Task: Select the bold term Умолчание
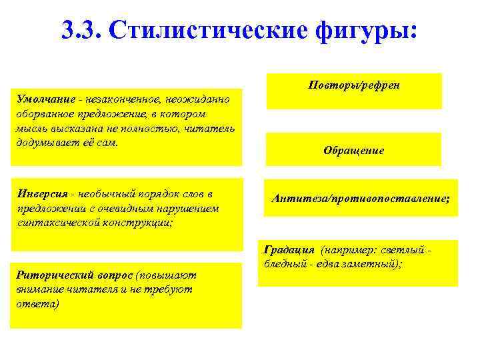click(44, 99)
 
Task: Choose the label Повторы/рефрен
click(354, 87)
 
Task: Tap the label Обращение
click(353, 150)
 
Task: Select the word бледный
click(283, 264)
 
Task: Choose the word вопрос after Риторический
click(116, 275)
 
